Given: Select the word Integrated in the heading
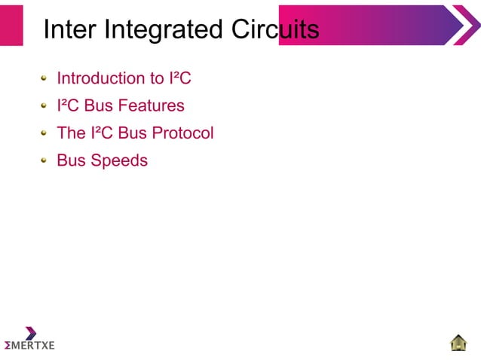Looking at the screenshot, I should pos(159,29).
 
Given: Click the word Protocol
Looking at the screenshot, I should pos(182,133).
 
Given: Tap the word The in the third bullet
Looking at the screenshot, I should pos(72,133).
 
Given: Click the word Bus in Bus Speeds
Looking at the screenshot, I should pos(72,160).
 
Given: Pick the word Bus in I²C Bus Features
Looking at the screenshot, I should pos(100,105).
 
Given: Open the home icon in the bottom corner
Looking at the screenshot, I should pos(458,343).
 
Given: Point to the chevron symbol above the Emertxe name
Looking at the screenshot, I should pos(30,332).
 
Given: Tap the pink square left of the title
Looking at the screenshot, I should pos(11,25).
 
